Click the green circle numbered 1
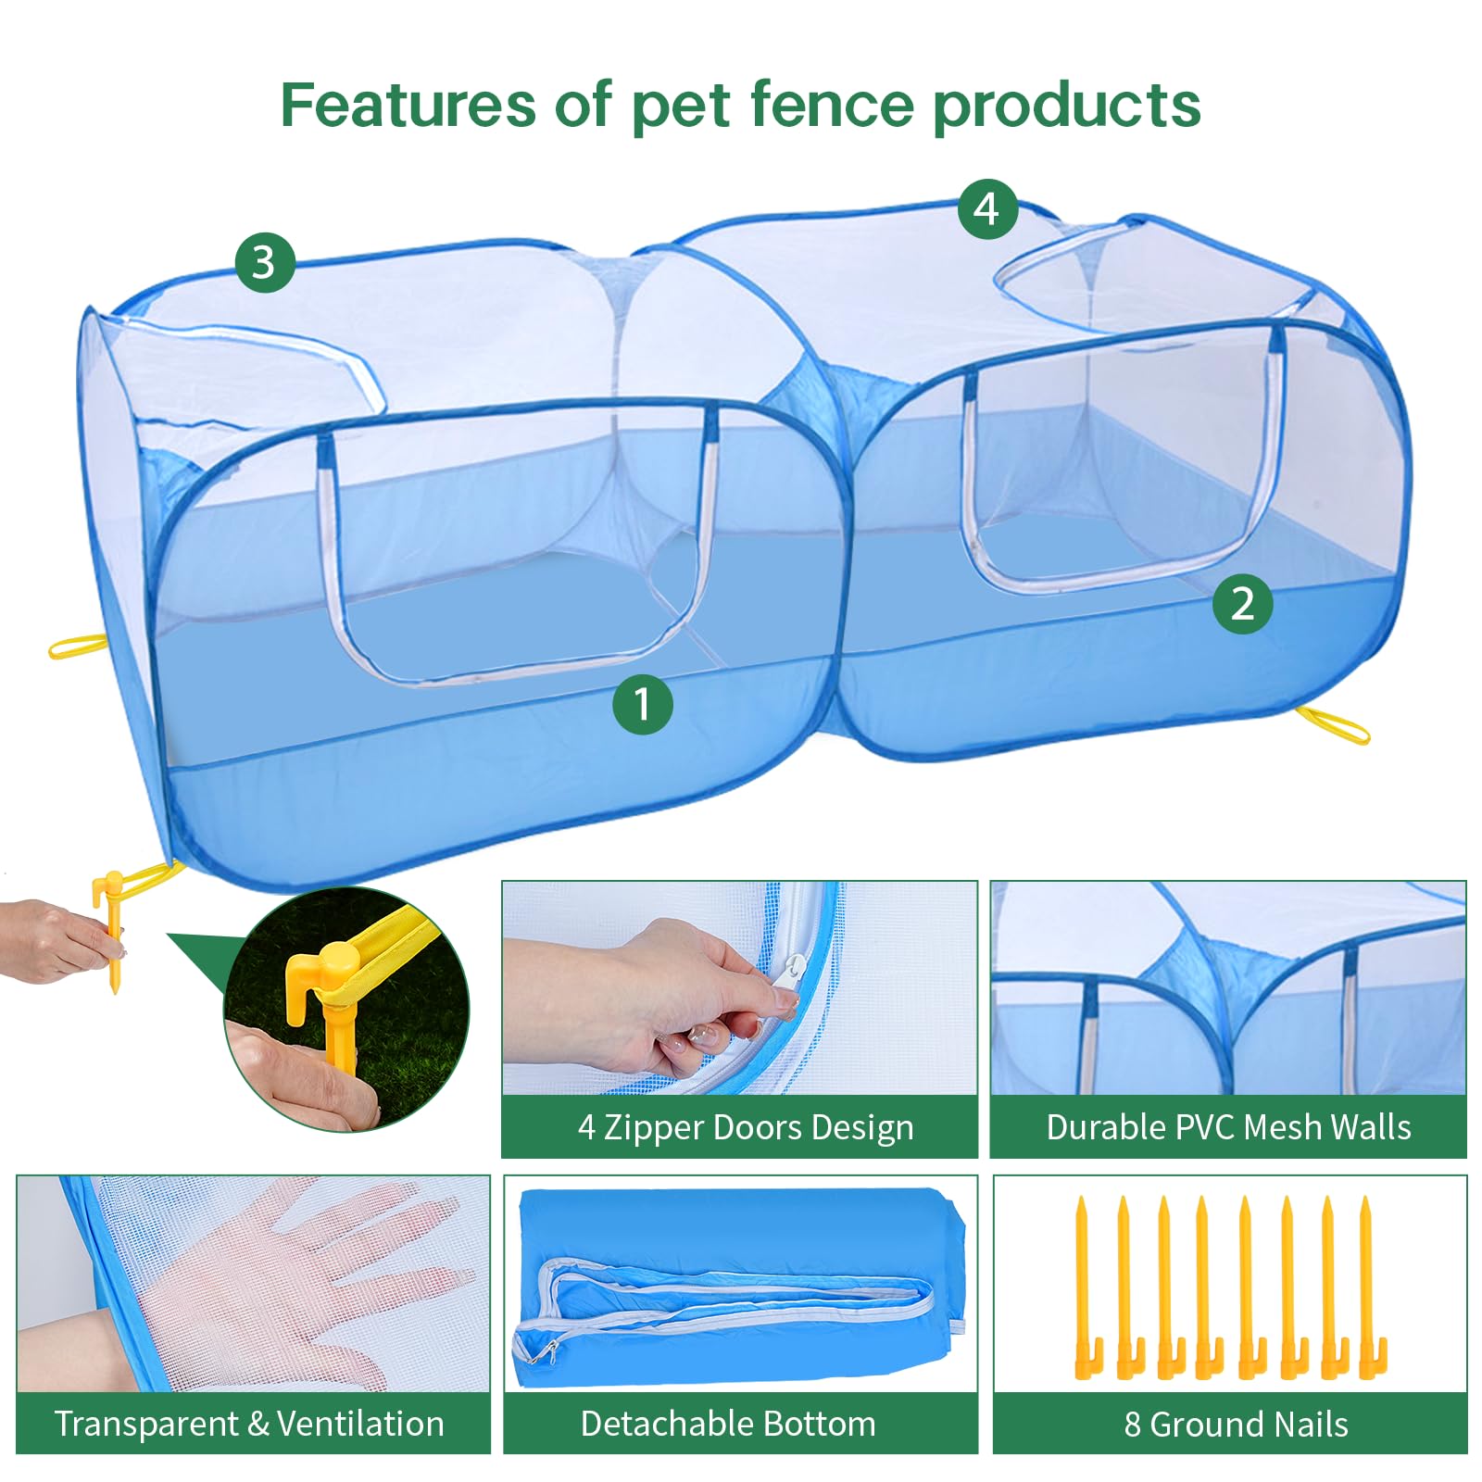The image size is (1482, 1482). (643, 704)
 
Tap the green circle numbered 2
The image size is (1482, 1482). (1243, 604)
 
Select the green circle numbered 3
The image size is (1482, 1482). (265, 262)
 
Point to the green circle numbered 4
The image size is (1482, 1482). (988, 209)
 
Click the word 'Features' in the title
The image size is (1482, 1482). (408, 104)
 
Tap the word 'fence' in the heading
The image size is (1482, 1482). (832, 104)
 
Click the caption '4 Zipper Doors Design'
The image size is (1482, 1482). (746, 1127)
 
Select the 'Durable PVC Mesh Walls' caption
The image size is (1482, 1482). (1228, 1127)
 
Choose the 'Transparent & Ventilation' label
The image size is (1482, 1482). (249, 1424)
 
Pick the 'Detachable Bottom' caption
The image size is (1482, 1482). (728, 1424)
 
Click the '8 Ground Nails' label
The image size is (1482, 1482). (1236, 1424)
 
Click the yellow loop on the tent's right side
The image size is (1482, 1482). (1333, 724)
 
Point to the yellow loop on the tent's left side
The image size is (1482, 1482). (78, 646)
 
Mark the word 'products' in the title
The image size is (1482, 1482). (1067, 106)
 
